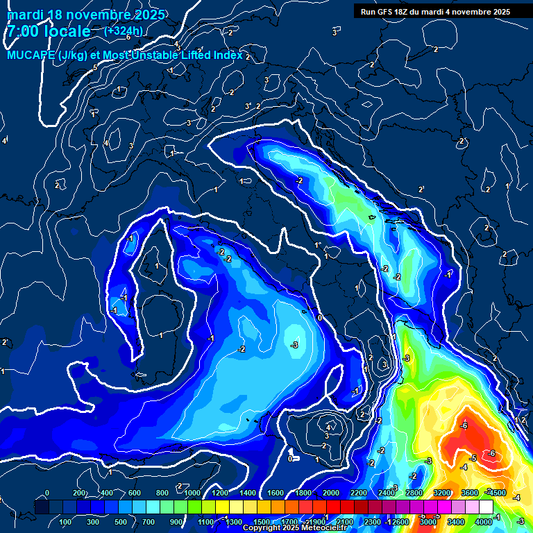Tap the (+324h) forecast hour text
pos(123,31)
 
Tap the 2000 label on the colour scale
pos(331,493)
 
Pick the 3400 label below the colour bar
pos(456,521)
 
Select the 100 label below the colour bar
pos(66,521)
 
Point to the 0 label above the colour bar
pos(47,493)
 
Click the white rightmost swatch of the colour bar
pos(486,507)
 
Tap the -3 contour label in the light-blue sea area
pos(294,345)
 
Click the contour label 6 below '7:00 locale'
pos(128,37)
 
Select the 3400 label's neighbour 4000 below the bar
pos(484,521)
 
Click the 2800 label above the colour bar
pos(414,493)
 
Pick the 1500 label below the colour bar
pos(262,521)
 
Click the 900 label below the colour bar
pos(177,521)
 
